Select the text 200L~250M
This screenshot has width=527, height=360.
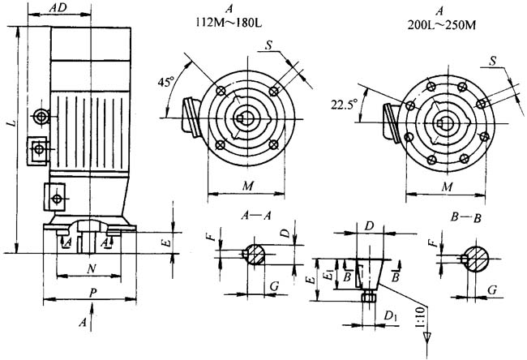[441, 24]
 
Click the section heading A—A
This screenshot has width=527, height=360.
[256, 216]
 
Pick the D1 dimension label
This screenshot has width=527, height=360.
[390, 314]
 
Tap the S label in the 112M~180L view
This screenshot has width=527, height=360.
[268, 45]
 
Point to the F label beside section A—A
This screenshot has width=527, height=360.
[209, 238]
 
